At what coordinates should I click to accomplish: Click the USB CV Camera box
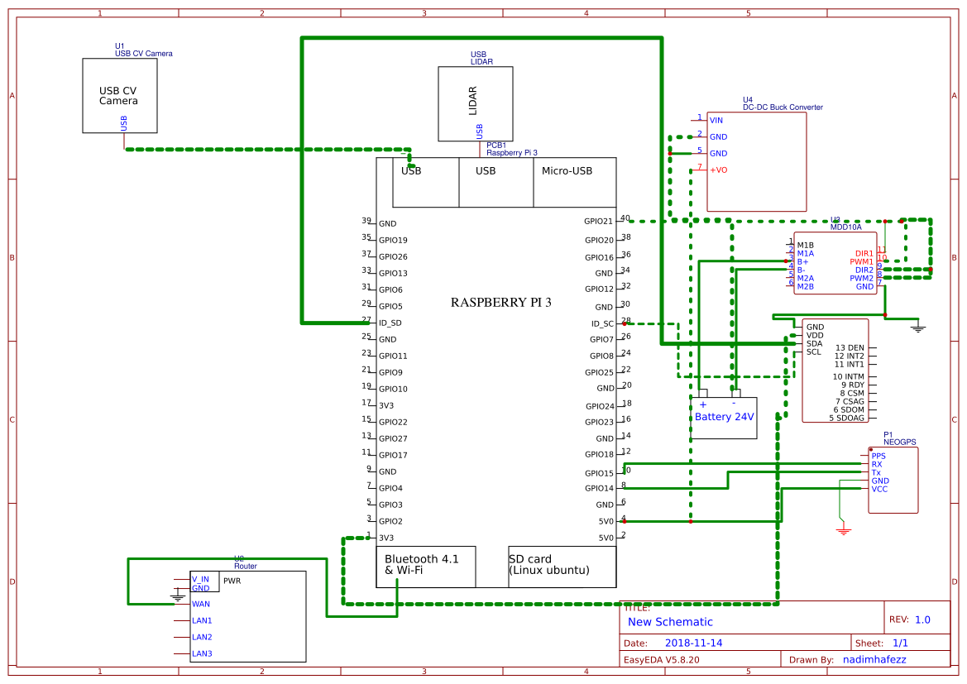pyautogui.click(x=119, y=95)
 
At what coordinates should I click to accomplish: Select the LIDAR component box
pyautogui.click(x=475, y=103)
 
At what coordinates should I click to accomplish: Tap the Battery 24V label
pyautogui.click(x=724, y=417)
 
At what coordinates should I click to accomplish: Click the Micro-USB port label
pyautogui.click(x=567, y=171)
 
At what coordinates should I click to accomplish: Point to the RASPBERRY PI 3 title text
pyautogui.click(x=500, y=303)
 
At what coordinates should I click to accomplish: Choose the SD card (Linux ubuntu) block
pyautogui.click(x=562, y=566)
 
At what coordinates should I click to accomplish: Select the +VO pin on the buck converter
pyautogui.click(x=718, y=170)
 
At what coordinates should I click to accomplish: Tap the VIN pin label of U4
pyautogui.click(x=716, y=121)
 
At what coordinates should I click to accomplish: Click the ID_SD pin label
pyautogui.click(x=390, y=323)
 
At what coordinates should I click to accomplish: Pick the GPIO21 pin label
pyautogui.click(x=598, y=222)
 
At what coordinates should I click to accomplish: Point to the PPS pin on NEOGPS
pyautogui.click(x=878, y=456)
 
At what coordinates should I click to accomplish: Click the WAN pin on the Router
pyautogui.click(x=201, y=605)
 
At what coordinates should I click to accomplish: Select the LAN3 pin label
pyautogui.click(x=202, y=654)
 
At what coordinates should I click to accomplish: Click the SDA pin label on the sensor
pyautogui.click(x=815, y=343)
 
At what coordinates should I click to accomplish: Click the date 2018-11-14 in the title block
pyautogui.click(x=694, y=643)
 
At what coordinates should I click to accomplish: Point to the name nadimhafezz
pyautogui.click(x=875, y=660)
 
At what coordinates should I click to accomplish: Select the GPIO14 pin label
pyautogui.click(x=598, y=488)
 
